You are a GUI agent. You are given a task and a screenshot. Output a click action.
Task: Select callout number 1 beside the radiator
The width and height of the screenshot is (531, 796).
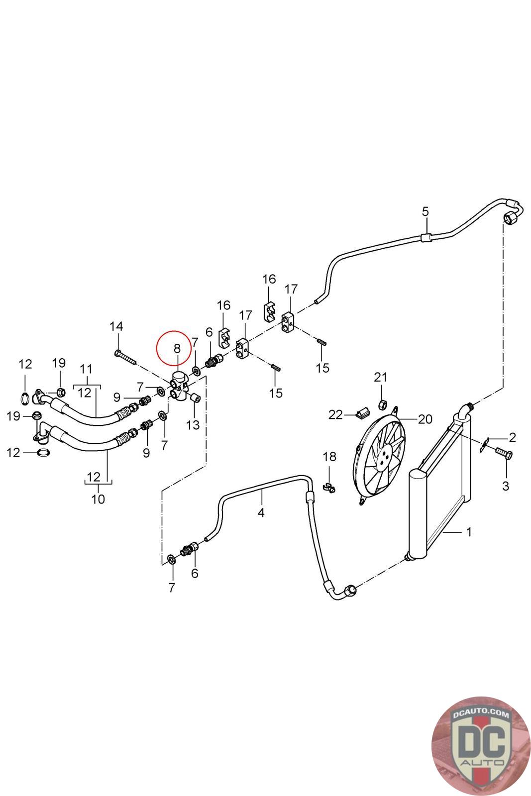[468, 532]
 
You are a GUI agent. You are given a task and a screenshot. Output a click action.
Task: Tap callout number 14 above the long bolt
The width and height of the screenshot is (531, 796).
[116, 326]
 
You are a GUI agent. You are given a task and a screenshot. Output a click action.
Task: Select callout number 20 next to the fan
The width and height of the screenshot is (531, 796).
[425, 419]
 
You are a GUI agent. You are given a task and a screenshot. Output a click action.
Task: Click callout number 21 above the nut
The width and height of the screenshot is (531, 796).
[381, 377]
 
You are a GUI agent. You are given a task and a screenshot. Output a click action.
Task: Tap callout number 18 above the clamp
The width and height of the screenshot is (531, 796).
[329, 457]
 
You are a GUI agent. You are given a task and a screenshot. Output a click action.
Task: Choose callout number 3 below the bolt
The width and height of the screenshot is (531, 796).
[506, 486]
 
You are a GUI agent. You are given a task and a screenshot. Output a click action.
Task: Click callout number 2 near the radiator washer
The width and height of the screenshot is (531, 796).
[512, 437]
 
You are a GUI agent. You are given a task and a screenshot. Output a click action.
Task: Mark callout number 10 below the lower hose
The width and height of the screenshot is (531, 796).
[98, 498]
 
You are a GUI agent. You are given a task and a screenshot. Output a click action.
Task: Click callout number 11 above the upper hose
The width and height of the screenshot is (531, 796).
[86, 369]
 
